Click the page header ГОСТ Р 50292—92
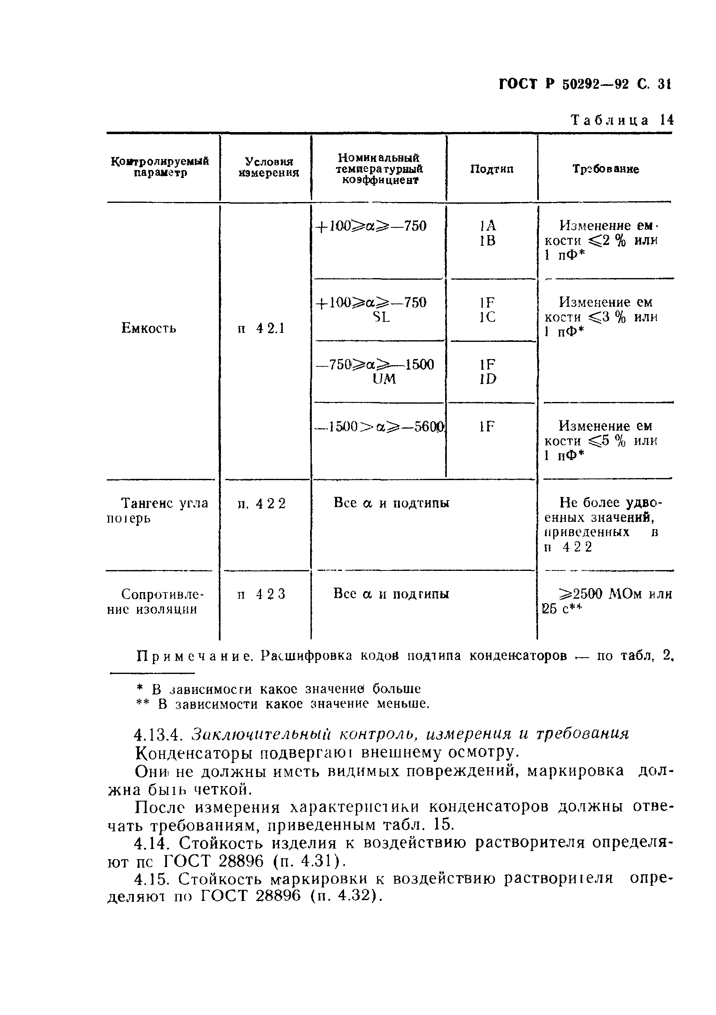(564, 84)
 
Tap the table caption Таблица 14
(622, 120)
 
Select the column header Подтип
(491, 169)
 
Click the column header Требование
(606, 169)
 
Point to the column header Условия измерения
(268, 167)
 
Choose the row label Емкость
(149, 328)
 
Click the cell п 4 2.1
(261, 328)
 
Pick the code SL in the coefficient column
(381, 317)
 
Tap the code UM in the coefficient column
(384, 379)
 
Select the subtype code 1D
(488, 379)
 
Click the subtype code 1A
(488, 226)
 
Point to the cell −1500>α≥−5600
(378, 426)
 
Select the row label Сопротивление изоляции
(155, 602)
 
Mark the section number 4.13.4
(158, 735)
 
